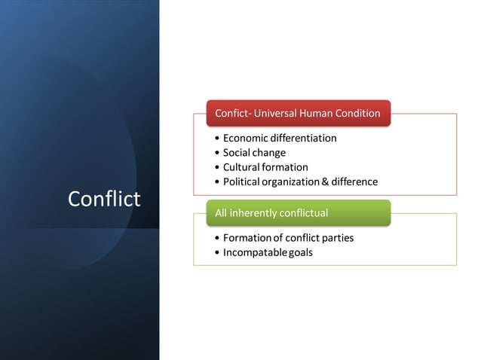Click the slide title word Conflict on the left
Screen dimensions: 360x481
[x=104, y=199]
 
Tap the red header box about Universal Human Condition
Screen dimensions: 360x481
[x=298, y=114]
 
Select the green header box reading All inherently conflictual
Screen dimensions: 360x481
[x=298, y=213]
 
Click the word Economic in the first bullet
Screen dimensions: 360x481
[x=247, y=139]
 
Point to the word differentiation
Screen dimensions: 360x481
[x=305, y=139]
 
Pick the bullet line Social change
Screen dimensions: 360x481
[x=254, y=153]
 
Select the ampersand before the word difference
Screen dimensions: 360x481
[x=326, y=182]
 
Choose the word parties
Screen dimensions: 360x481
[x=336, y=238]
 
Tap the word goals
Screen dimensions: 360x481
[x=300, y=252]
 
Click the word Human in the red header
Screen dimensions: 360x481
[x=317, y=114]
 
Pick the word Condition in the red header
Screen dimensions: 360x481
[x=359, y=114]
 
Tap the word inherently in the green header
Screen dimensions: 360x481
[x=253, y=213]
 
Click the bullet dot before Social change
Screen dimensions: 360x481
[x=217, y=154]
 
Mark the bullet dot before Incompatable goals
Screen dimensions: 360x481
[x=217, y=253]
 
